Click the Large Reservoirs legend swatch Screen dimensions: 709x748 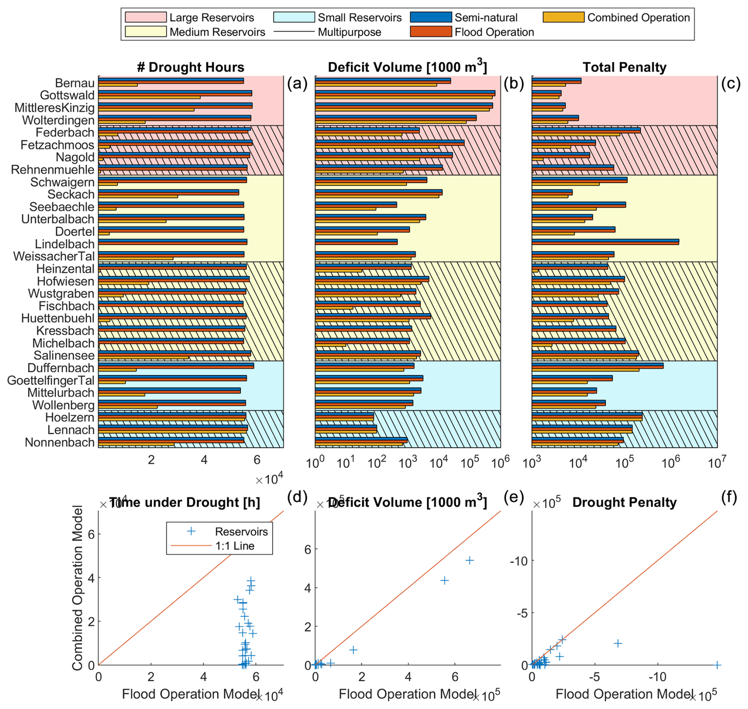[145, 17]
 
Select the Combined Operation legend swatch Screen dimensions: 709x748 [563, 17]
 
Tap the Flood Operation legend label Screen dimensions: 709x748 [494, 32]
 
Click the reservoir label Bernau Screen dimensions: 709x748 [75, 83]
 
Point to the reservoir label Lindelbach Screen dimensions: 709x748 [64, 244]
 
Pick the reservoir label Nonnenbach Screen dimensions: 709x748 [59, 442]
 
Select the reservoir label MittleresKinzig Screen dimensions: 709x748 [55, 108]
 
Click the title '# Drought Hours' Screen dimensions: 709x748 [191, 67]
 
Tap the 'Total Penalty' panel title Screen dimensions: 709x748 [624, 67]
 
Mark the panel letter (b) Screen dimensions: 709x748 [514, 84]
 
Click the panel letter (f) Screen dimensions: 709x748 [729, 497]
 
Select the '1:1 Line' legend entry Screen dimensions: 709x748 [234, 546]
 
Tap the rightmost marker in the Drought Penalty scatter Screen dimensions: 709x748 [717, 665]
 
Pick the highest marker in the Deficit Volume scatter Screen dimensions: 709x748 [469, 560]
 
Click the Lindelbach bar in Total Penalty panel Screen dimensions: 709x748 [605, 241]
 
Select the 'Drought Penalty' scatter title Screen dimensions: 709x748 [624, 502]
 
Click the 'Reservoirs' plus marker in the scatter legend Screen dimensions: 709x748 [191, 531]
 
